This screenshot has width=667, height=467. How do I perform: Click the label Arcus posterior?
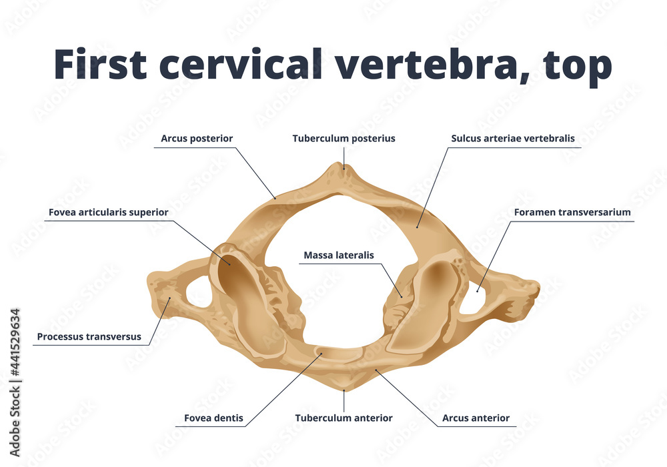point(197,139)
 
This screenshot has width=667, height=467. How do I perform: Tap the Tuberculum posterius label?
point(344,139)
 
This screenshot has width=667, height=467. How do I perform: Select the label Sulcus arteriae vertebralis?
point(512,139)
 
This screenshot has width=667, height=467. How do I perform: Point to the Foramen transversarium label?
point(572,212)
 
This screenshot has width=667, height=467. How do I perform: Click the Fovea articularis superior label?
point(108,212)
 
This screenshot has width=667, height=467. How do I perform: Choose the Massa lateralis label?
point(338,255)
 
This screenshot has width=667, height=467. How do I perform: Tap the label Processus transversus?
point(89,337)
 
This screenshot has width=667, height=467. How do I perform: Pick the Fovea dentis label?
point(213,418)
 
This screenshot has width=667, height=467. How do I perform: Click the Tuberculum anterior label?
point(344,418)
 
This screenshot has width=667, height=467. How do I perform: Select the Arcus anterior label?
point(476,418)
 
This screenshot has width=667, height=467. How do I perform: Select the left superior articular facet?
point(247,294)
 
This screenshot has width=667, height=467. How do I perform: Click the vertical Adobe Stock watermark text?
point(15,374)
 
